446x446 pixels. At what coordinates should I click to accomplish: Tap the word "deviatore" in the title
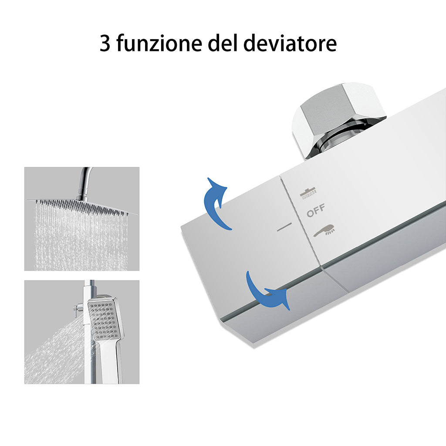pyautogui.click(x=289, y=44)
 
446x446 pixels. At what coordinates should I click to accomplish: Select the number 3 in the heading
pyautogui.click(x=105, y=44)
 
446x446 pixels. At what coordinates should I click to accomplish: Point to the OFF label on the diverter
pyautogui.click(x=316, y=212)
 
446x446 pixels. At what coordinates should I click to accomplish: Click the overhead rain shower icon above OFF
pyautogui.click(x=308, y=193)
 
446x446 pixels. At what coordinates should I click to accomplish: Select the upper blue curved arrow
pyautogui.click(x=216, y=202)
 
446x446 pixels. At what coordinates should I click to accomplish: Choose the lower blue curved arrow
pyautogui.click(x=266, y=291)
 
